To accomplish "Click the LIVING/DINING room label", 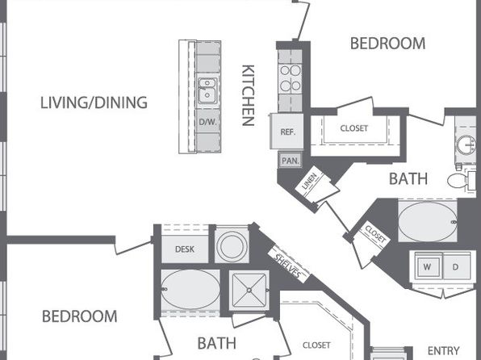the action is click(x=94, y=103).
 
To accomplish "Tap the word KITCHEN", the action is click(x=249, y=95).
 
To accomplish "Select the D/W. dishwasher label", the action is click(x=207, y=122).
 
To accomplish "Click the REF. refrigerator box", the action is click(x=287, y=131).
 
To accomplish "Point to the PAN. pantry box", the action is click(x=291, y=160).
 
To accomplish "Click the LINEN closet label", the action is click(x=309, y=181).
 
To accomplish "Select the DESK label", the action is click(x=185, y=249).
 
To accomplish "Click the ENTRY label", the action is click(x=443, y=350).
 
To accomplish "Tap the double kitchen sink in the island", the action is click(x=207, y=90).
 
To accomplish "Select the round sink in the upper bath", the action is click(x=466, y=145).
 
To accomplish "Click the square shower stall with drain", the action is click(x=249, y=290).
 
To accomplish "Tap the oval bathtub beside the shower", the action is click(x=190, y=290).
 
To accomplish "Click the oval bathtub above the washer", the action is click(x=428, y=222).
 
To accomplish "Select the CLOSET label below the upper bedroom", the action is click(x=354, y=128).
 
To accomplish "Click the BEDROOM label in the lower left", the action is click(x=79, y=316).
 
